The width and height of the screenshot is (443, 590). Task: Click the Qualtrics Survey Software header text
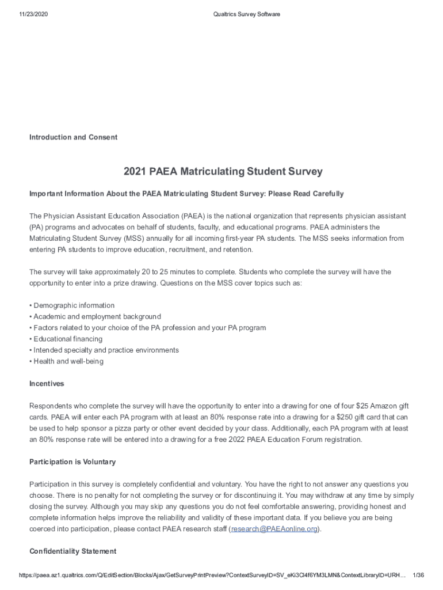pyautogui.click(x=246, y=14)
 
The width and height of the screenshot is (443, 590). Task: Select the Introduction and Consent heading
pyautogui.click(x=73, y=137)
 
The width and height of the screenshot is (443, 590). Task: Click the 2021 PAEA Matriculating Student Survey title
pyautogui.click(x=223, y=172)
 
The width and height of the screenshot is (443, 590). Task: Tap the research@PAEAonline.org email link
pyautogui.click(x=274, y=529)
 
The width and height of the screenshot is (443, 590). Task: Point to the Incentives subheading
pyautogui.click(x=47, y=384)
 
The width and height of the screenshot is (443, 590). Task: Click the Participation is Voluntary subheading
pyautogui.click(x=72, y=462)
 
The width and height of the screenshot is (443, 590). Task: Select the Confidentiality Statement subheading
pyautogui.click(x=72, y=551)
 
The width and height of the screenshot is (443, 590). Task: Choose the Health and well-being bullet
pyautogui.click(x=68, y=362)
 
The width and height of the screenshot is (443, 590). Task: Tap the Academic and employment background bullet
pyautogui.click(x=97, y=317)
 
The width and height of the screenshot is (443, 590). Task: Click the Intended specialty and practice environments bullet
pyautogui.click(x=106, y=350)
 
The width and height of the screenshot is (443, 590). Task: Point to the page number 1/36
pyautogui.click(x=419, y=576)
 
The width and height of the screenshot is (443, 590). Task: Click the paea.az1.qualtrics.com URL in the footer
pyautogui.click(x=207, y=576)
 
